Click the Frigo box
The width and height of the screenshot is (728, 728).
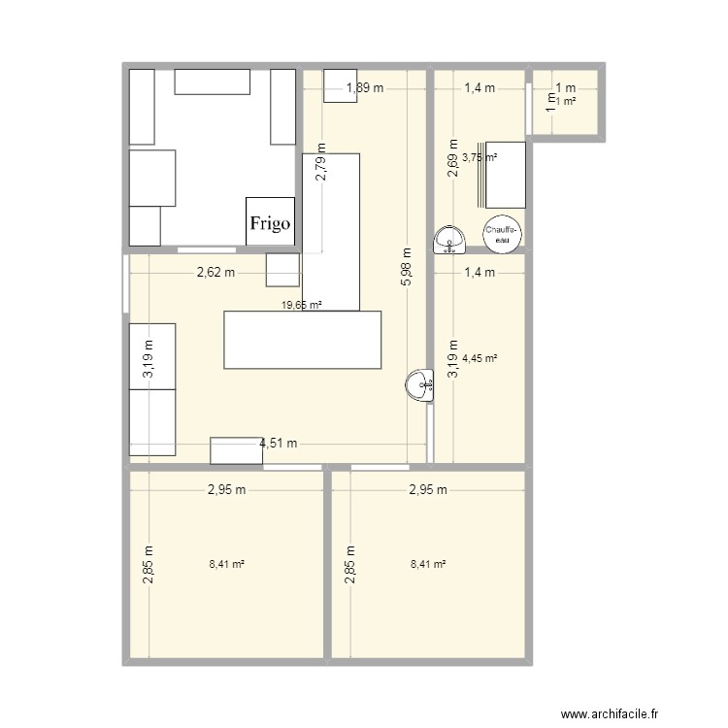coord(271,222)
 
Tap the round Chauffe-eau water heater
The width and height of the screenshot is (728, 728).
coord(502,233)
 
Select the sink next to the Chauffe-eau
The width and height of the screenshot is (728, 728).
coord(449,239)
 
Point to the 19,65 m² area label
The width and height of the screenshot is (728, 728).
coord(301,305)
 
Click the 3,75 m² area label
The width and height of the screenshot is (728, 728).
coord(479,157)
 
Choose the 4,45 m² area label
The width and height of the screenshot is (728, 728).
coord(480,358)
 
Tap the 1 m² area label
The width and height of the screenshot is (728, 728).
coord(566,101)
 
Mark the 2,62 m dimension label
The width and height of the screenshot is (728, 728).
coord(215,273)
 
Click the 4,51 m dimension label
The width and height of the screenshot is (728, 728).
coord(278,445)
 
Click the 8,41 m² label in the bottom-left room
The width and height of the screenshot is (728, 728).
coord(226,564)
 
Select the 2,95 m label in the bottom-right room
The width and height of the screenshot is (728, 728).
coord(428,490)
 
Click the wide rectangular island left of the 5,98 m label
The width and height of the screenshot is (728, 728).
coord(303,340)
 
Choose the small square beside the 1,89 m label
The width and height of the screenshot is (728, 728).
coord(340,84)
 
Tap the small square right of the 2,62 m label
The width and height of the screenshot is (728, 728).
coord(282,270)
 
